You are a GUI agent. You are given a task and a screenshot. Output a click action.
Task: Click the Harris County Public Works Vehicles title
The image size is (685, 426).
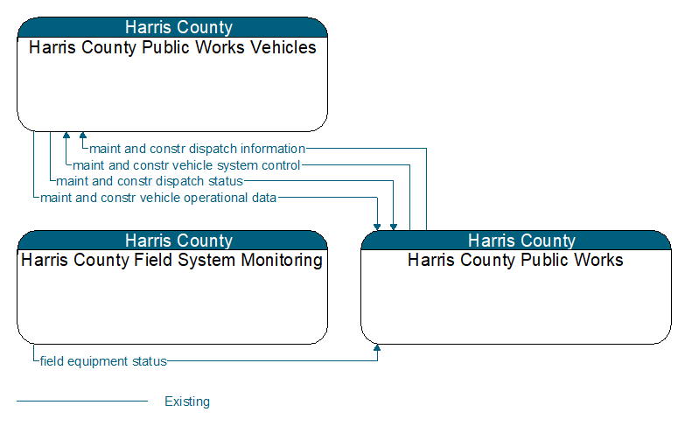click(x=172, y=47)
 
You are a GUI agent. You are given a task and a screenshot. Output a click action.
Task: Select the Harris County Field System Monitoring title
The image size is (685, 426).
click(x=171, y=260)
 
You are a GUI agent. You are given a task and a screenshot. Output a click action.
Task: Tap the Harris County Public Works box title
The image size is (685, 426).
click(x=515, y=260)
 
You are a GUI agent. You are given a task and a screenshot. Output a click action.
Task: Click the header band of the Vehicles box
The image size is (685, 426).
click(x=172, y=27)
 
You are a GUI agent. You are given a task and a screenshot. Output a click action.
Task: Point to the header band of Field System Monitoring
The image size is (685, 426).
click(x=172, y=241)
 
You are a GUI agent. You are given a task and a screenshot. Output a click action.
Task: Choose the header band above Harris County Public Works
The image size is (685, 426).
click(x=516, y=241)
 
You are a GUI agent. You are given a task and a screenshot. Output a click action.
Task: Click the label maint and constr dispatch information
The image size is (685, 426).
click(x=197, y=149)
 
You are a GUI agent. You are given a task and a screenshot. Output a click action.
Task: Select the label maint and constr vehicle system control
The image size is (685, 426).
click(x=186, y=165)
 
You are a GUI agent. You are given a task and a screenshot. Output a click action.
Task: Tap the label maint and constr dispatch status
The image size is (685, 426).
click(x=150, y=181)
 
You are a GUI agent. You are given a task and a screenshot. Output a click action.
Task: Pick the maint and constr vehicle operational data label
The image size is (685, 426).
click(x=158, y=198)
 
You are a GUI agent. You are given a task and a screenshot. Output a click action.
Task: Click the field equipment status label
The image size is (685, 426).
click(x=103, y=361)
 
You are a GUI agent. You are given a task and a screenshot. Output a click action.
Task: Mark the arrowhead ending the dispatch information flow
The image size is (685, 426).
click(x=83, y=135)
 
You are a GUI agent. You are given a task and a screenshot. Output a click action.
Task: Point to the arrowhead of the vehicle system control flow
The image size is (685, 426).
click(x=66, y=135)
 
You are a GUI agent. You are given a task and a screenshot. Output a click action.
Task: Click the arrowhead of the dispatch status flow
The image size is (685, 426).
click(x=394, y=227)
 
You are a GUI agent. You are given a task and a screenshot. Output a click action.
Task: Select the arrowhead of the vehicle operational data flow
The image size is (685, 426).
click(x=377, y=227)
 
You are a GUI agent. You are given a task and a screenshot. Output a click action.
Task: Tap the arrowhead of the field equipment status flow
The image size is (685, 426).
click(x=377, y=348)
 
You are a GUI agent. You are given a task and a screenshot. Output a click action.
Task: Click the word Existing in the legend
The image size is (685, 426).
click(x=187, y=402)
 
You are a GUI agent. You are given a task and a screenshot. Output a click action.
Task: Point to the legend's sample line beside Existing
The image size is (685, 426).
click(x=82, y=401)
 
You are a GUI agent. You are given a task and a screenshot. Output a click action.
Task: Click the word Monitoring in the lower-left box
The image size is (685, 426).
click(x=282, y=261)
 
